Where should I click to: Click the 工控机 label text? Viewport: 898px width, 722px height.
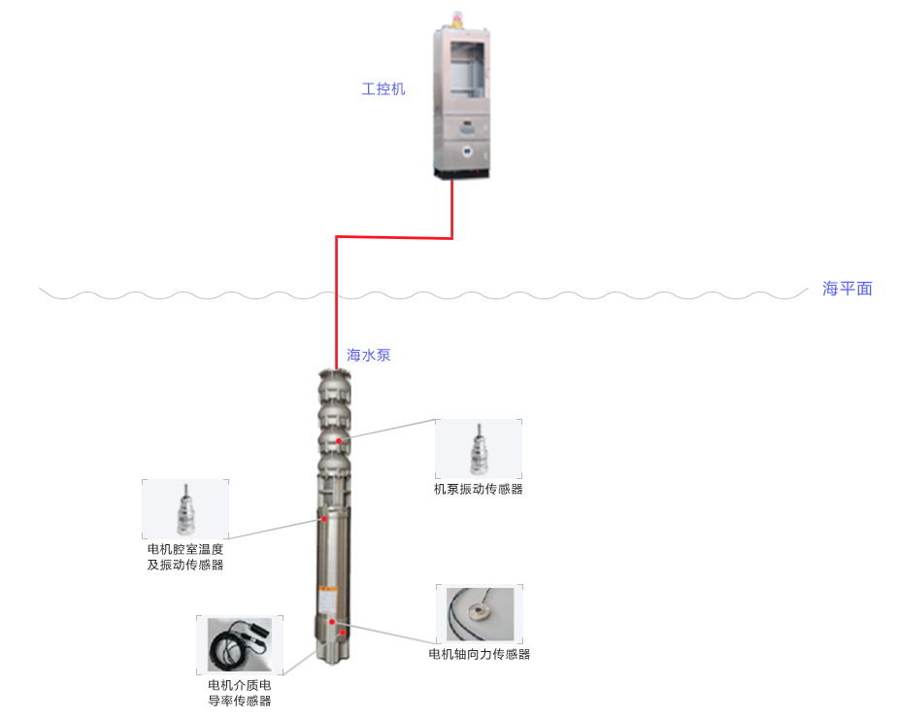382,89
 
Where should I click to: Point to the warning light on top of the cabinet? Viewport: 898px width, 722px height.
461,18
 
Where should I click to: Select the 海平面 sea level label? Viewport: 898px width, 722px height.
848,289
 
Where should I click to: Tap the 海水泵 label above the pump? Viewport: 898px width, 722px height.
369,356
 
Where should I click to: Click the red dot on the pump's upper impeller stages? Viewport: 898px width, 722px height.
339,441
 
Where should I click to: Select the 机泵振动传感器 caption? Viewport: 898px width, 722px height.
479,489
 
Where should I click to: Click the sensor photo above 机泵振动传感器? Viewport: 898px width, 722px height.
479,449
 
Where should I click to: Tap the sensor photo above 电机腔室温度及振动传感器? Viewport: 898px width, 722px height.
185,508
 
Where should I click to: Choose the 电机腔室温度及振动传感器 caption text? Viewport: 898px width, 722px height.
185,557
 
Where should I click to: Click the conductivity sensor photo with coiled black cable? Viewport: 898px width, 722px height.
240,643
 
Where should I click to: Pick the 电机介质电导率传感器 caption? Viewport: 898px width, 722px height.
240,693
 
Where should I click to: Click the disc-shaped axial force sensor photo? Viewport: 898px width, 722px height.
480,614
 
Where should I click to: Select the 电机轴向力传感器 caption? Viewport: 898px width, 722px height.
480,655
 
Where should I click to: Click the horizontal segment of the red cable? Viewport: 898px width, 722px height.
393,236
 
